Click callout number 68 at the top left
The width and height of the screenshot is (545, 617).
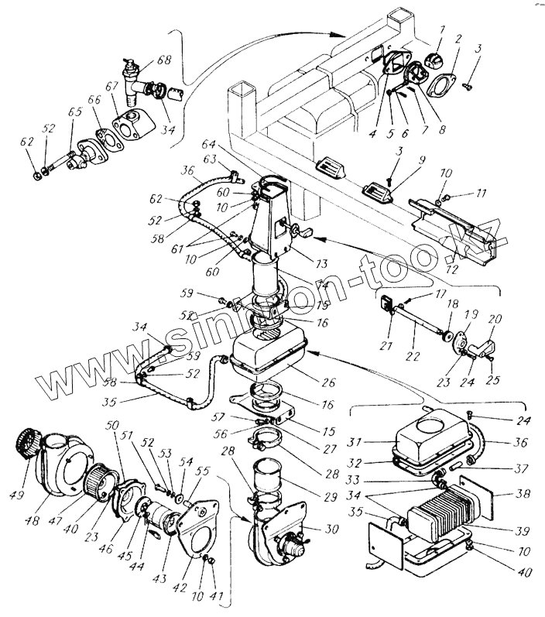coord(164,60)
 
